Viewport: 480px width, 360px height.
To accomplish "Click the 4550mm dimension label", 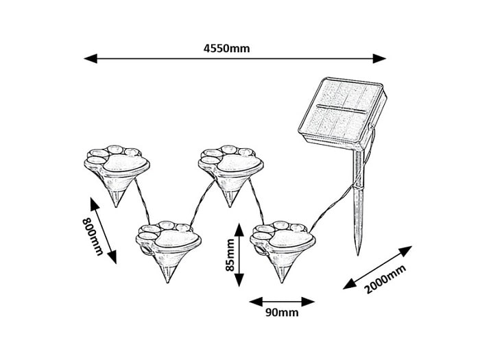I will click(x=227, y=48).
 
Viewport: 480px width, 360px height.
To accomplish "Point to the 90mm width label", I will click(x=282, y=313).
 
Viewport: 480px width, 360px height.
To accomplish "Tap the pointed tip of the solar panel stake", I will click(x=357, y=252).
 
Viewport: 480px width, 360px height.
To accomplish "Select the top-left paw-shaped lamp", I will click(x=117, y=161).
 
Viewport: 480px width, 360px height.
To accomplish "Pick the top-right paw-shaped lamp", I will click(x=230, y=162).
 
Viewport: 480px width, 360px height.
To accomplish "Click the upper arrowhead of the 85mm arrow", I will click(x=239, y=226).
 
